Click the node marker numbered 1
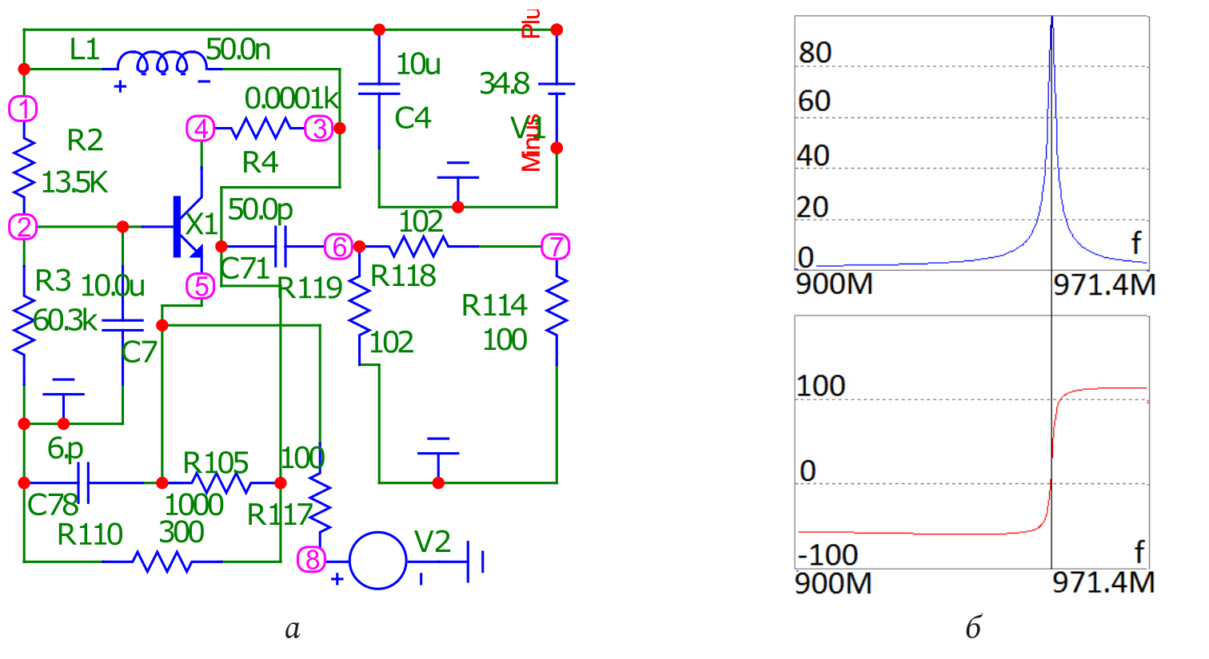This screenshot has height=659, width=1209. pos(23,109)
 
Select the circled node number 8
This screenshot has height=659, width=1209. pos(312,559)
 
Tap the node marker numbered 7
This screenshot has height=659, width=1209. pos(556,247)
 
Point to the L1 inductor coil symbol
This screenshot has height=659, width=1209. pos(162,63)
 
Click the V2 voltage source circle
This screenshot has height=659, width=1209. pos(377,561)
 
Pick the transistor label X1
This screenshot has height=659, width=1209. pos(201,224)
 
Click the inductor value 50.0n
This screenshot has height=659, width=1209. pos(238,50)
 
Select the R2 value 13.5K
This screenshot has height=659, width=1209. pos(74,183)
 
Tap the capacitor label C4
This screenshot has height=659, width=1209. pos(413,118)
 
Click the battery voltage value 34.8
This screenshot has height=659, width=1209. pos(505,83)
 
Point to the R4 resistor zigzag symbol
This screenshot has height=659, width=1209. pos(261,128)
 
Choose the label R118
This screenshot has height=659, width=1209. pos(404,276)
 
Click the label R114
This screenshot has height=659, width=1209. pos(494,305)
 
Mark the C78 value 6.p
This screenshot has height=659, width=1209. pos(65,449)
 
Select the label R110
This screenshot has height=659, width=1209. pos(90,534)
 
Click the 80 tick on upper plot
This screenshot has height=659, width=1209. pos(815,53)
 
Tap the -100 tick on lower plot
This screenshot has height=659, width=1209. pos(828,554)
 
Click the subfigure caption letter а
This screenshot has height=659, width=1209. pos(293,629)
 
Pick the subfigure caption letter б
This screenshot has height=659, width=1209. pos(973,629)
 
